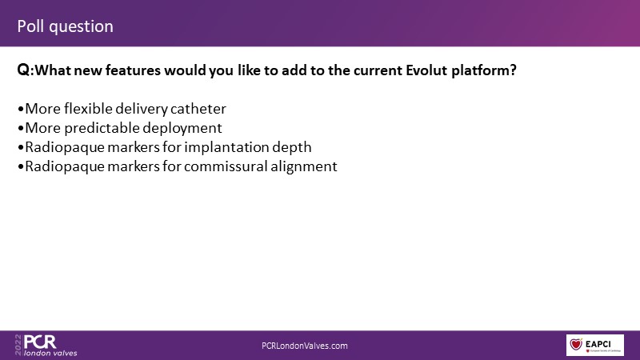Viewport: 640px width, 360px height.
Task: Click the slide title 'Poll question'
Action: (x=66, y=27)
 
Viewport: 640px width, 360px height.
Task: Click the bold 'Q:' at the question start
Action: (x=26, y=70)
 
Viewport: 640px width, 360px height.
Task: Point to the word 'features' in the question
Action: (x=133, y=70)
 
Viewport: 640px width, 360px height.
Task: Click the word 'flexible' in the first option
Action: (x=88, y=109)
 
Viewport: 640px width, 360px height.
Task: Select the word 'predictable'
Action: (x=102, y=128)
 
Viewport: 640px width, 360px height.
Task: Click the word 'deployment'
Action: (x=182, y=129)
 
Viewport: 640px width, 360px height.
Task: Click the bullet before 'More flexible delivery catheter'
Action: (x=21, y=110)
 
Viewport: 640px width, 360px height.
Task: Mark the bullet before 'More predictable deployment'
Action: (x=21, y=129)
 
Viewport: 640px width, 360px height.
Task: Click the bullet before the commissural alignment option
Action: (x=21, y=167)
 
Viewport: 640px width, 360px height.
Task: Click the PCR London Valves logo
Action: (x=46, y=346)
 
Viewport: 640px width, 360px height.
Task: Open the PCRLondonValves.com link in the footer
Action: (x=305, y=346)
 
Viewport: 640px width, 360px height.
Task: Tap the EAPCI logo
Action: (x=594, y=345)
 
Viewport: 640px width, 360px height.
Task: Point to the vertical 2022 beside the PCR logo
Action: (x=18, y=345)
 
